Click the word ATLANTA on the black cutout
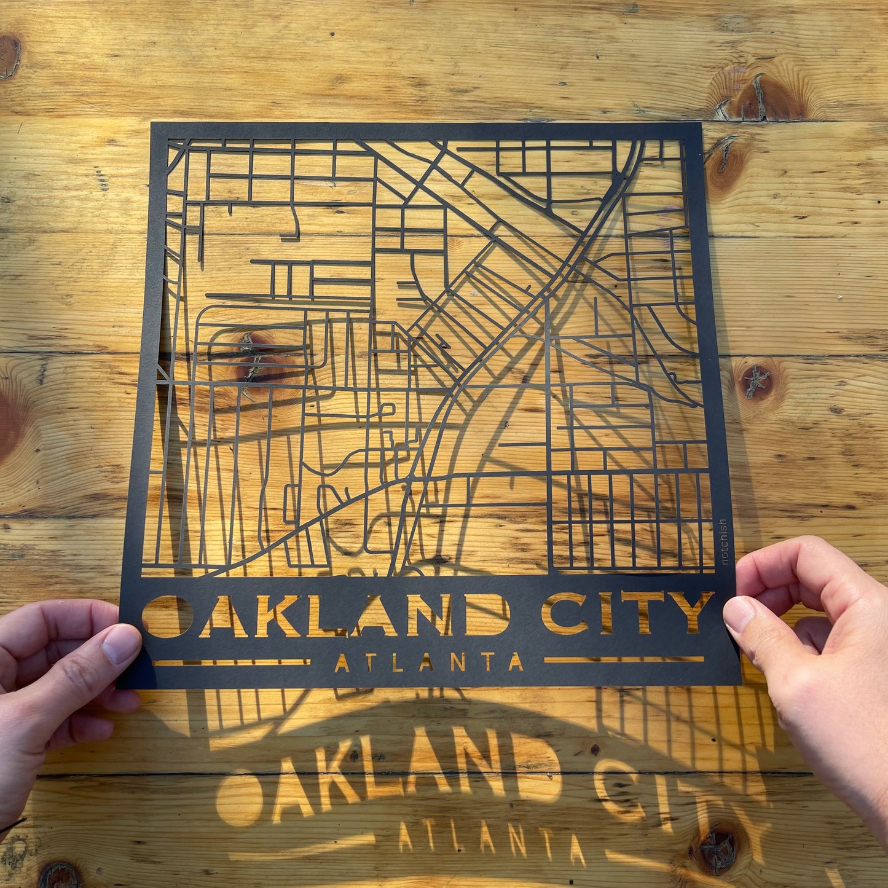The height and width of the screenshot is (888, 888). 428,662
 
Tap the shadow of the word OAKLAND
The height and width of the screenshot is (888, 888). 393,780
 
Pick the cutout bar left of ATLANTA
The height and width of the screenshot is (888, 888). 231,663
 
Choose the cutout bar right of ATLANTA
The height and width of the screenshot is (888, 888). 624,659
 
